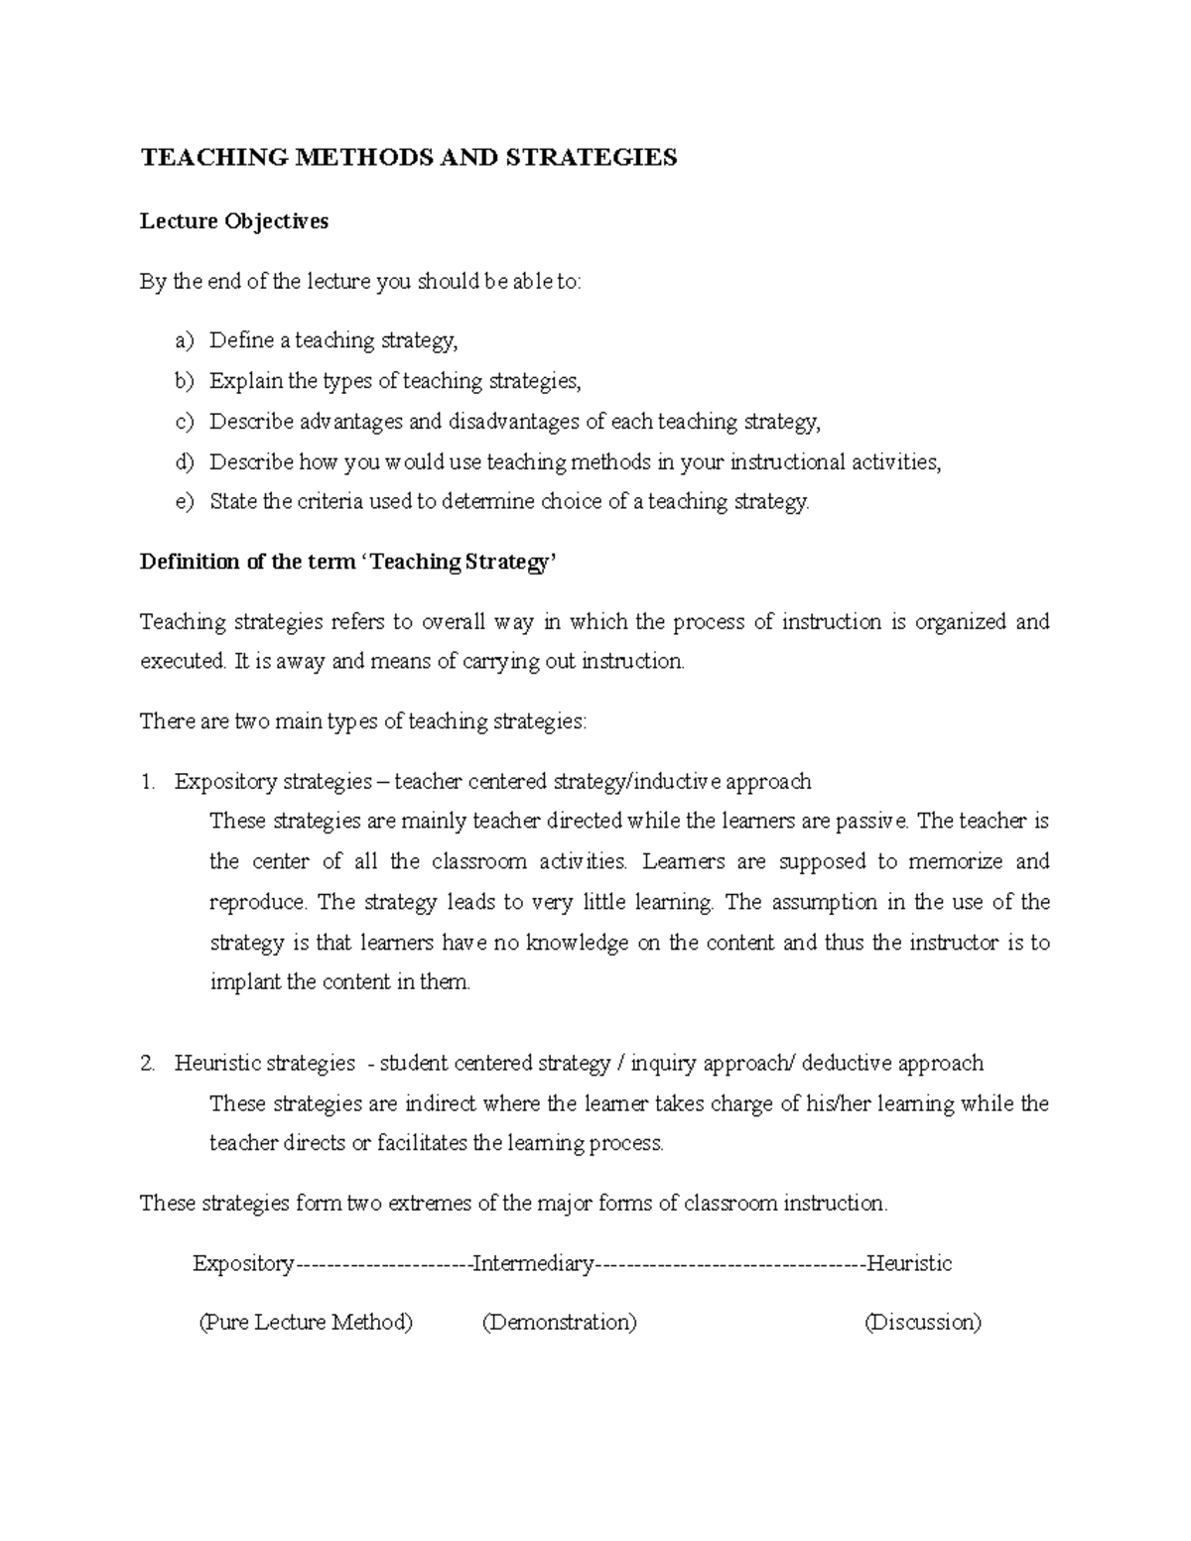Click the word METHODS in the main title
[343, 158]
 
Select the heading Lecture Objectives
[234, 221]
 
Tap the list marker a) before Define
[185, 341]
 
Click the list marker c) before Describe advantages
[185, 422]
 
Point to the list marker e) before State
[185, 502]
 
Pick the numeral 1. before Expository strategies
[149, 782]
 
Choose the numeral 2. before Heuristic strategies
[149, 1064]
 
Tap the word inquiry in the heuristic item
[664, 1064]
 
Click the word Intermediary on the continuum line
[533, 1264]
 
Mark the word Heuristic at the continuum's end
[909, 1264]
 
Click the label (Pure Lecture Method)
[306, 1323]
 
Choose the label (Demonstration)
[559, 1323]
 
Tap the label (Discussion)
[923, 1323]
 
